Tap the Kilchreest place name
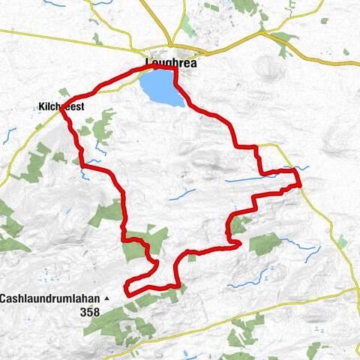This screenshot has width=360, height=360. [61, 107]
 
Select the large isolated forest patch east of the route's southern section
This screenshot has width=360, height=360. [264, 244]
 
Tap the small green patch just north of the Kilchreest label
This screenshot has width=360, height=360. [63, 92]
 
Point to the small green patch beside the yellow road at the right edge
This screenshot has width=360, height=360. [342, 241]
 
